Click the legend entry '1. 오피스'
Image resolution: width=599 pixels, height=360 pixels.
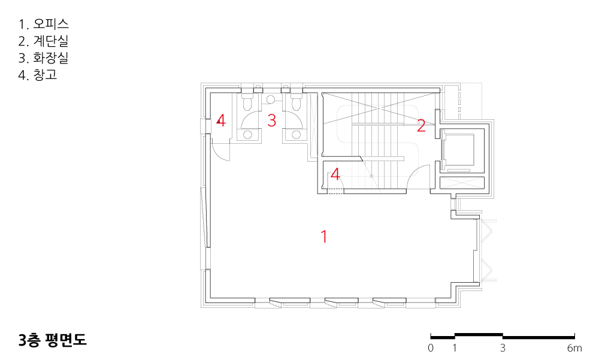tap(44, 24)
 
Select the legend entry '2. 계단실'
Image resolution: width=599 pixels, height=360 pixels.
tap(44, 41)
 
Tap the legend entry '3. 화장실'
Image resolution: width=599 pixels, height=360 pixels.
tap(44, 58)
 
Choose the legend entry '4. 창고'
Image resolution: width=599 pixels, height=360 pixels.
tap(38, 74)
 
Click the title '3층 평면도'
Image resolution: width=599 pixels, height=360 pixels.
tap(53, 340)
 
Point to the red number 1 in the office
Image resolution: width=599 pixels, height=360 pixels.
tap(324, 237)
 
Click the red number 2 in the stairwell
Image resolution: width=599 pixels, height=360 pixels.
tap(421, 126)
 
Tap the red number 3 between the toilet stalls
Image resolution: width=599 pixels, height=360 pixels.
tap(271, 120)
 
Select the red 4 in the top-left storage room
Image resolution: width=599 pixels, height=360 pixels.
tap(221, 120)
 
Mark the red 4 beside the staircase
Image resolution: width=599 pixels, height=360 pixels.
tap(335, 174)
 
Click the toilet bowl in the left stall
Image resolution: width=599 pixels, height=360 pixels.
tap(247, 102)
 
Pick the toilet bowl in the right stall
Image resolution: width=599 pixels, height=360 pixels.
tap(296, 102)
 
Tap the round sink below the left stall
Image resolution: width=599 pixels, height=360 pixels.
tap(248, 135)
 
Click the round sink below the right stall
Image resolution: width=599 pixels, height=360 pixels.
tap(296, 135)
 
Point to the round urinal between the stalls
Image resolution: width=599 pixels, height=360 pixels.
tap(271, 99)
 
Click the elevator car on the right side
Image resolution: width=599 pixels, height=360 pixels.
tap(458, 150)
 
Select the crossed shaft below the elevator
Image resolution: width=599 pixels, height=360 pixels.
tap(462, 183)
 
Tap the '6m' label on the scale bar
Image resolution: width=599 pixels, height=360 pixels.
tap(574, 348)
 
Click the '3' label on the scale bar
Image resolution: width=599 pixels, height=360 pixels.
tap(503, 348)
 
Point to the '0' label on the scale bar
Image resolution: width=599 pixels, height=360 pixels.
tap(431, 348)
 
